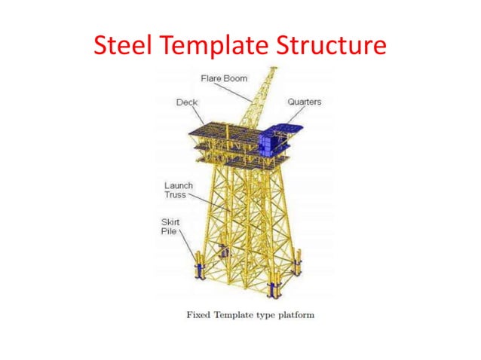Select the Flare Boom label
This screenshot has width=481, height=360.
223,78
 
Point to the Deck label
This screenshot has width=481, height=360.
186,102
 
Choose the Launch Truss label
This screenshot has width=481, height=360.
179,190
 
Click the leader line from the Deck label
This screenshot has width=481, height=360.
198,114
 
